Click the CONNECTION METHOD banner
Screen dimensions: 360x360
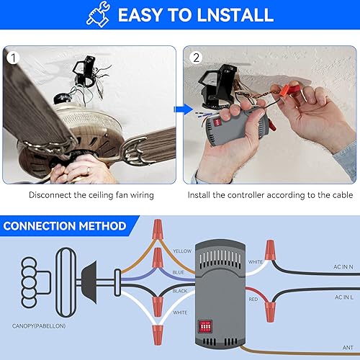(x=66, y=226)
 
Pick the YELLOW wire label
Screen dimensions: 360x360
(x=182, y=251)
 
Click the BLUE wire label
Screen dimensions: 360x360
(x=180, y=273)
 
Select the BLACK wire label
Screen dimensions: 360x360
(x=181, y=290)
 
